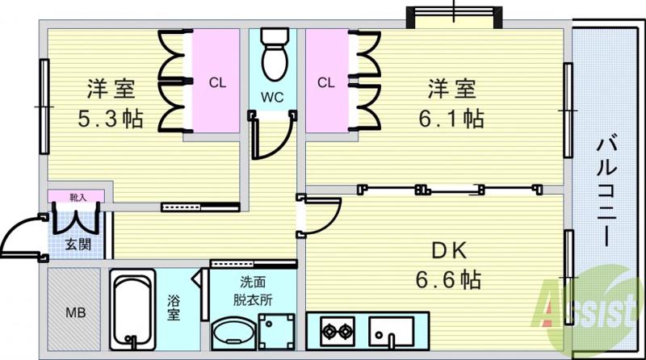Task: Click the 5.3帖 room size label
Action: [111, 119]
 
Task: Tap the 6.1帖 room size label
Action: [451, 119]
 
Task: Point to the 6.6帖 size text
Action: [449, 279]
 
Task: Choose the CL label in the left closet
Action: [217, 82]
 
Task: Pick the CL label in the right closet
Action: [325, 82]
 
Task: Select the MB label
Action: [75, 312]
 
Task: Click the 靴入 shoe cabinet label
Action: [77, 196]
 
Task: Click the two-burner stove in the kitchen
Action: [338, 331]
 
